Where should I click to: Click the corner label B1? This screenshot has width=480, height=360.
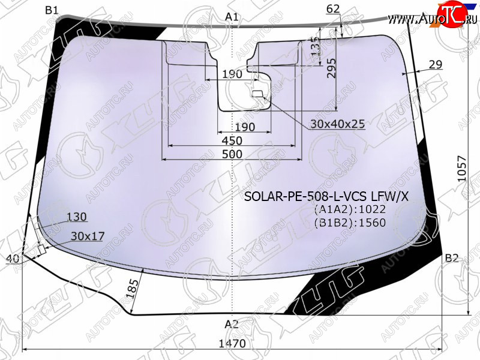coord(52,10)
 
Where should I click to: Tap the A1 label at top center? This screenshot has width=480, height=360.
coord(232,17)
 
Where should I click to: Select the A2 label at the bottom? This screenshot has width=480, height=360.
coord(232,324)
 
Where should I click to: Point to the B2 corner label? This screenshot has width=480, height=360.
coord(452,258)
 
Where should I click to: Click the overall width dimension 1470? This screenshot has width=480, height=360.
coord(232,343)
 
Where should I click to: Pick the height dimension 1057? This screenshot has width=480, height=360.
coord(461,169)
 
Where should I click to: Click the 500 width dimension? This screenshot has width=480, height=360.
coord(232,154)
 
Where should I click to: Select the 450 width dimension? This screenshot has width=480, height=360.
coord(232,140)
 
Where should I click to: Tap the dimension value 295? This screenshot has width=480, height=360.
coord(331,68)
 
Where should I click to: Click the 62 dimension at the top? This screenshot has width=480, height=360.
coord(333,9)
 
